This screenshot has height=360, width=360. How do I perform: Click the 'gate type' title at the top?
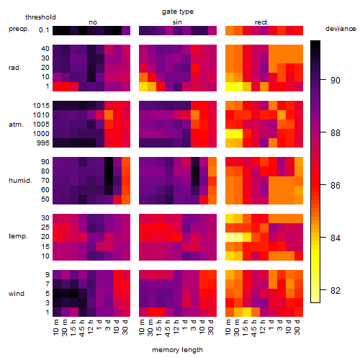pos(178,12)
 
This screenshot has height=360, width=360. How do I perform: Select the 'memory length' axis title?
pos(177,350)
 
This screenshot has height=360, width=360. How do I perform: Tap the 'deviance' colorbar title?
pos(341,29)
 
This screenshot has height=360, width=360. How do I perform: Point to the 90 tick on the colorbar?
pos(323,80)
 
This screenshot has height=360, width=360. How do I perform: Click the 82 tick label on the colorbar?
pos(336,291)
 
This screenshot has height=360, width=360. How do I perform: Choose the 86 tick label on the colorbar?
pos(336,185)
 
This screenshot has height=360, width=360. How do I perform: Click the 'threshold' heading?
pos(40,17)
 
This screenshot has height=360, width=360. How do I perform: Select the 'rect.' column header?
pos(262,22)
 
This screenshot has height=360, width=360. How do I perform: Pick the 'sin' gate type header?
pos(177,22)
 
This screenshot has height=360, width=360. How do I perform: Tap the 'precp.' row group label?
pos(19,30)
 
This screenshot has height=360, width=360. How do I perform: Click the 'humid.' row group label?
pos(20,181)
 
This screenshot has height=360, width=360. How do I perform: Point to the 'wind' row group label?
pos(17,294)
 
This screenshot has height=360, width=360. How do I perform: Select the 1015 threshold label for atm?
pos(41,106)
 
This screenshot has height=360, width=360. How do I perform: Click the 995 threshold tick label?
pos(43,143)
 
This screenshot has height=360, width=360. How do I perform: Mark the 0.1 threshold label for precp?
pos(44,30)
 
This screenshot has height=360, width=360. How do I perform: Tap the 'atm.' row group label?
pos(16,125)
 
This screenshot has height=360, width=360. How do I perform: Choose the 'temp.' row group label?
pos(18,236)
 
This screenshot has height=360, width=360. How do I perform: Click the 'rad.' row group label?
pos(15,68)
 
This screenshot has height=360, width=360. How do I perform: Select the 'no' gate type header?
pos(93,22)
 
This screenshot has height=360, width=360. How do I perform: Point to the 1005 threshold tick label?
pos(41,125)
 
